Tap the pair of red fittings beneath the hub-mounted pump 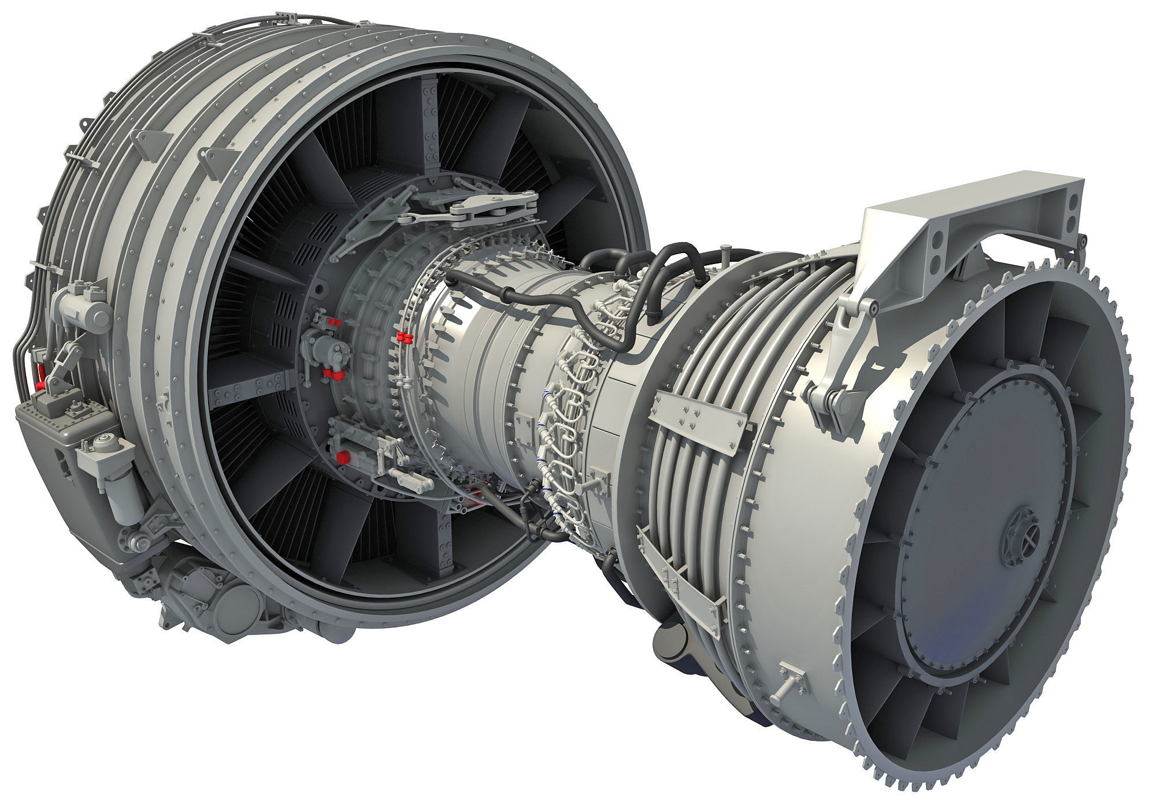[x=332, y=373]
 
